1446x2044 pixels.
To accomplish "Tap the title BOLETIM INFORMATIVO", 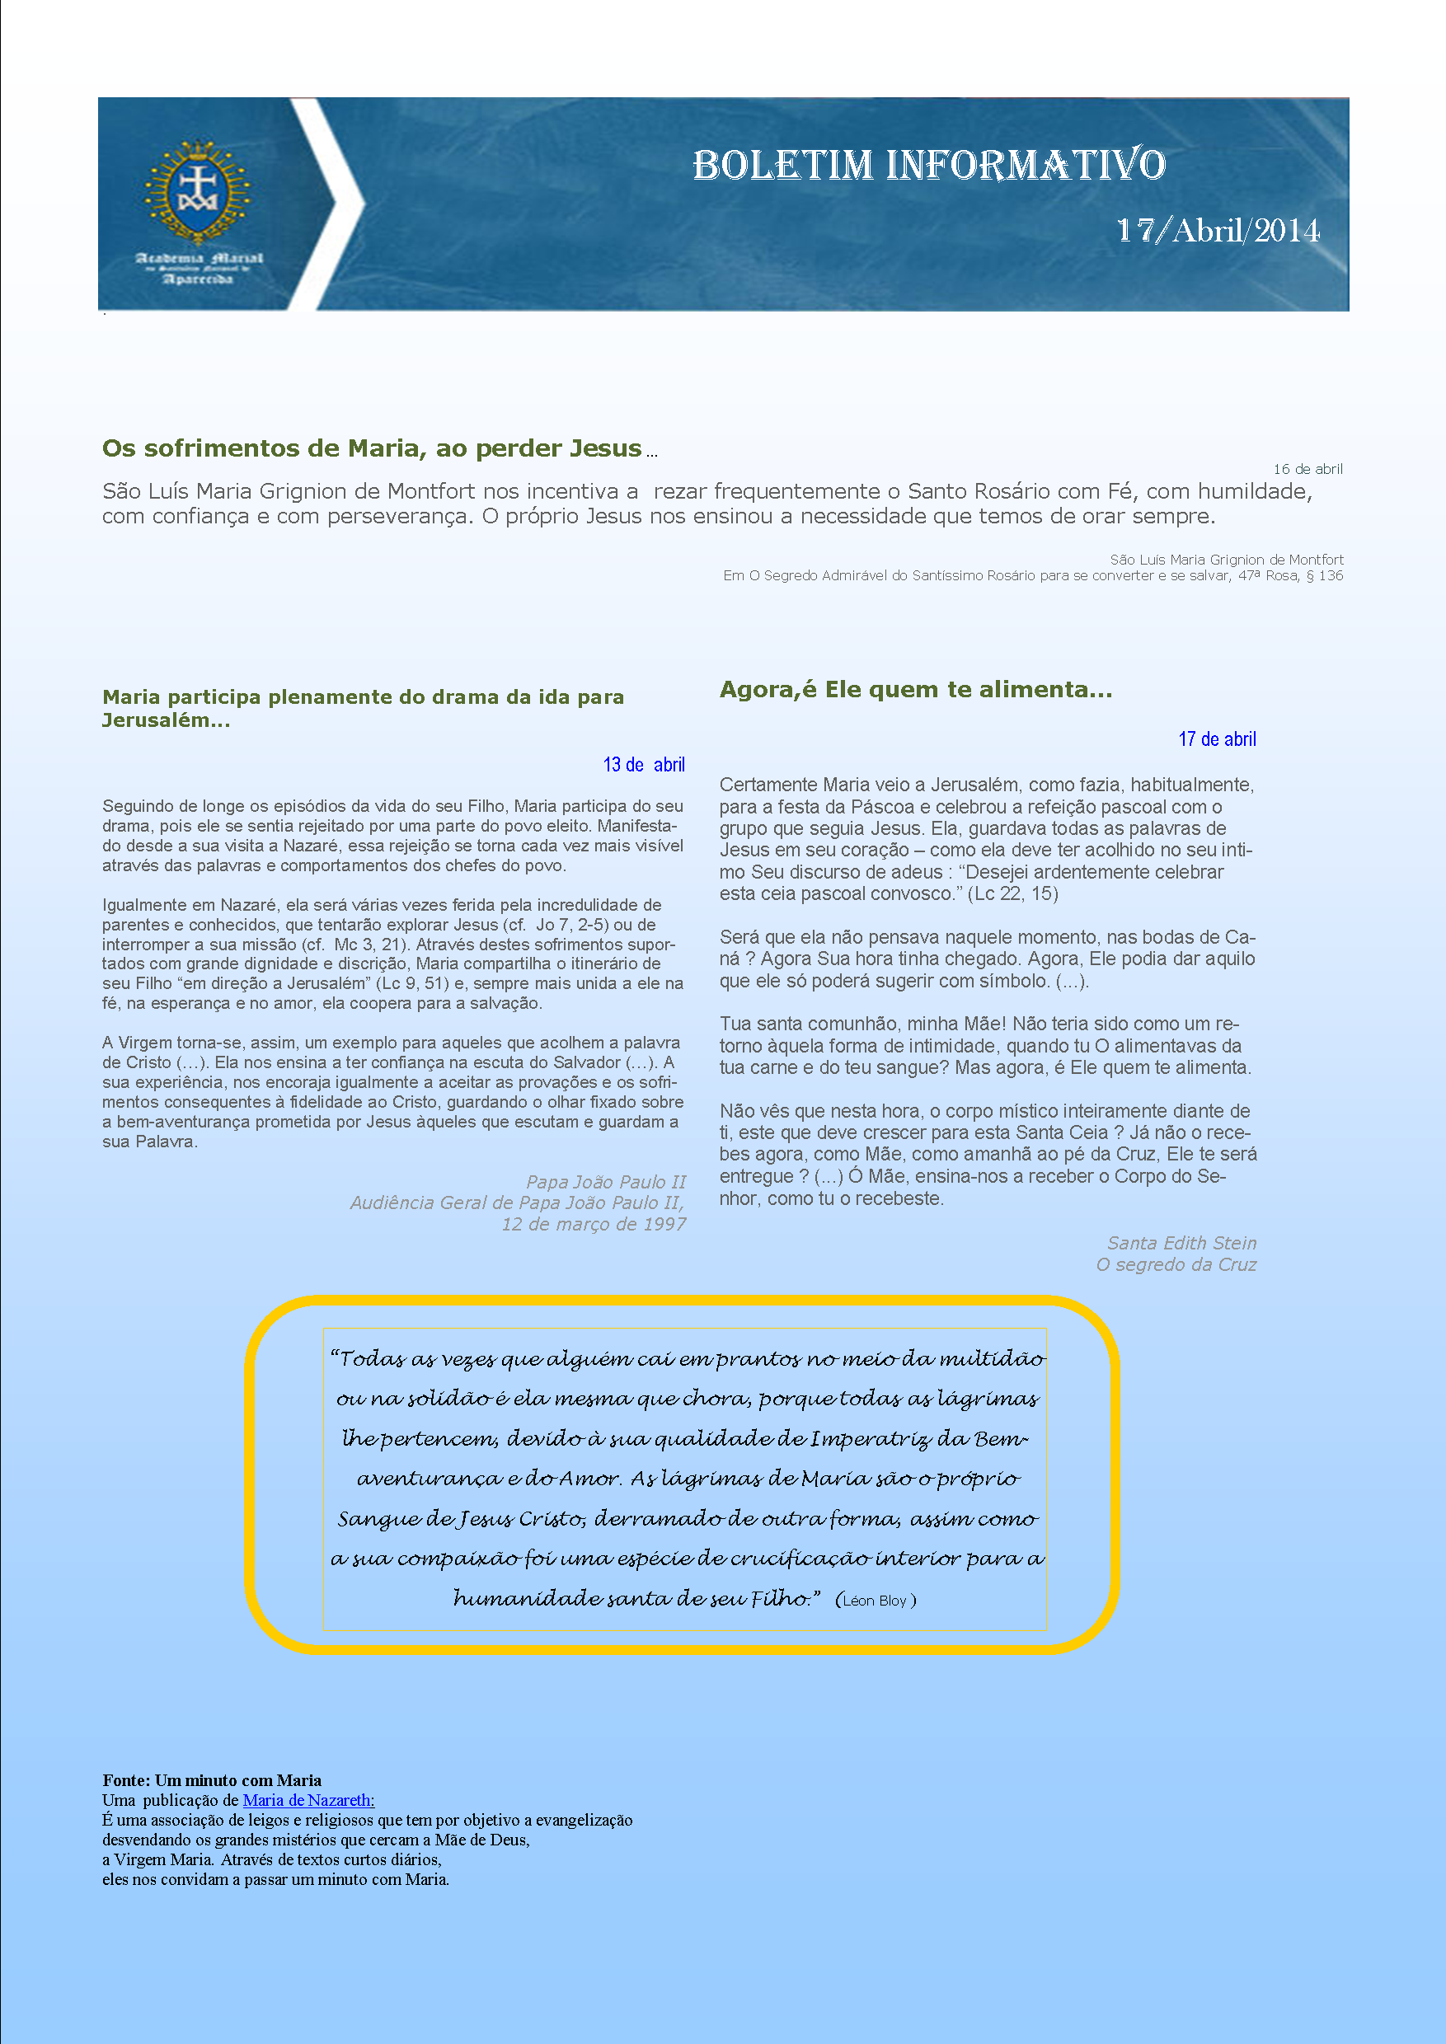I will tap(928, 165).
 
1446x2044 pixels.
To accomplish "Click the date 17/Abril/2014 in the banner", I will tap(1217, 231).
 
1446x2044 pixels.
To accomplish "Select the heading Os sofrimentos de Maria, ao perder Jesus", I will tap(371, 448).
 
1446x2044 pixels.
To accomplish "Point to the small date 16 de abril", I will tap(1308, 469).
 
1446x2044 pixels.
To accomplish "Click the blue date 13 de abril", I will tap(643, 765).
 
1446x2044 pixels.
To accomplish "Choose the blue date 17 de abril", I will tap(1216, 739).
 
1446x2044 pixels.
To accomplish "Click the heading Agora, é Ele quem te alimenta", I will tap(915, 689).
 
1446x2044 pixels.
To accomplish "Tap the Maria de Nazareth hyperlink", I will tap(308, 1800).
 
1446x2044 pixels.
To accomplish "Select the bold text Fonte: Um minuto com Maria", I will tap(212, 1780).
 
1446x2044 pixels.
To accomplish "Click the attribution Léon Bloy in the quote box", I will tap(875, 1601).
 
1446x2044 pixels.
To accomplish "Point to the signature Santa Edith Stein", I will tap(1181, 1243).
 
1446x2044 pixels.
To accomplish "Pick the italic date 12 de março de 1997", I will tap(593, 1224).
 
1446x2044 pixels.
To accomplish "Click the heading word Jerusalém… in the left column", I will tap(166, 720).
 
